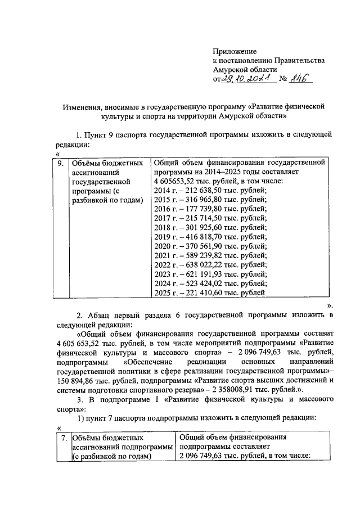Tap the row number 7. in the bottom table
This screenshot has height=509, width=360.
(65, 437)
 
